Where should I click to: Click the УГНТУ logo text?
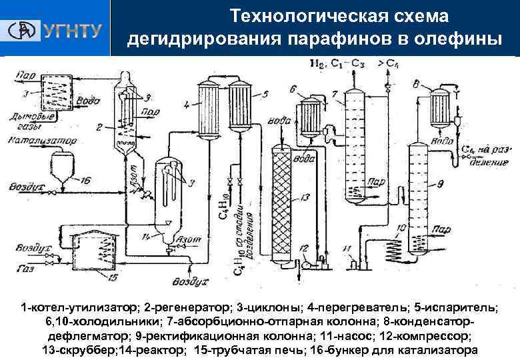coord(72,30)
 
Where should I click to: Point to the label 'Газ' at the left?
coord(20,269)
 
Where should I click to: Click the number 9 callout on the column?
coord(441,183)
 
